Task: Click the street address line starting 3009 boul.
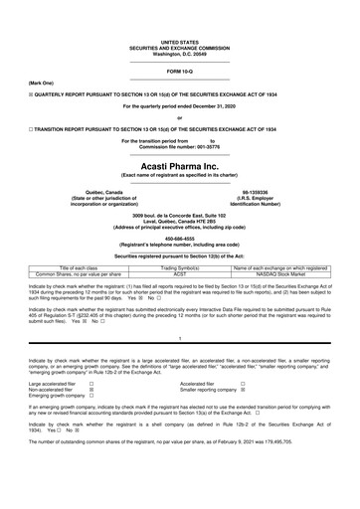[180, 214]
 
